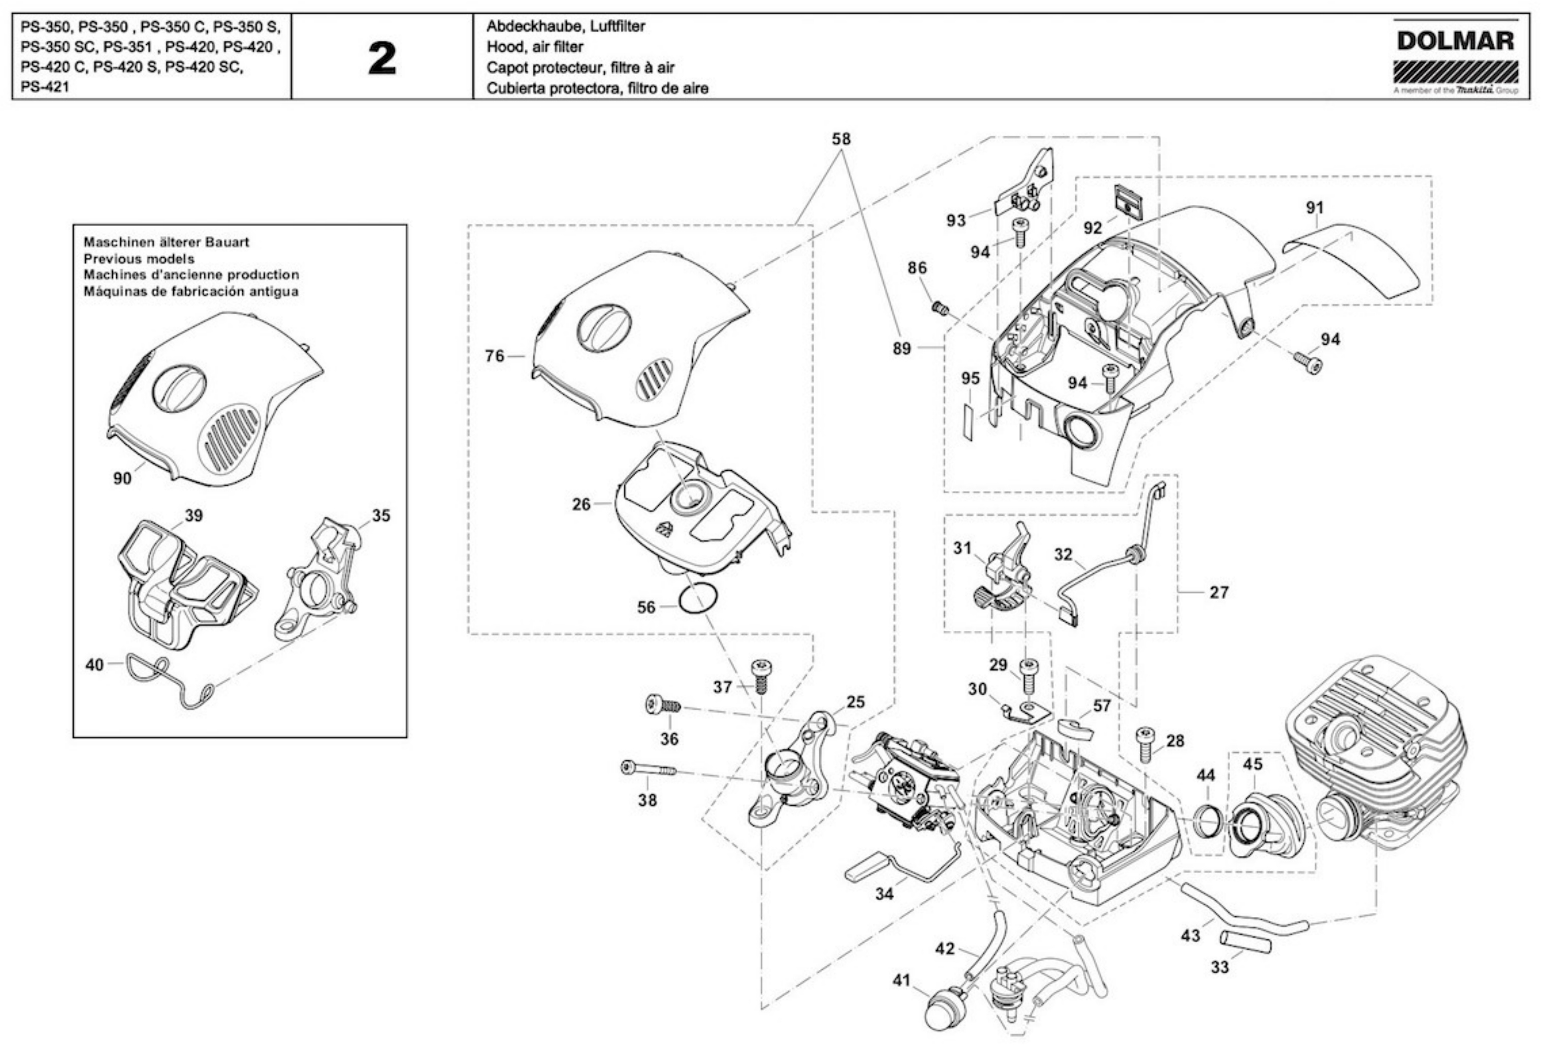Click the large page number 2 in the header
(382, 58)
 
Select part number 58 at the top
(841, 139)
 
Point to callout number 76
(495, 356)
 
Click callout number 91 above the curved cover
(1315, 208)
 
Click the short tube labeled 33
(1244, 941)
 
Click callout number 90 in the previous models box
(122, 478)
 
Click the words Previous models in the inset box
(139, 259)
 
